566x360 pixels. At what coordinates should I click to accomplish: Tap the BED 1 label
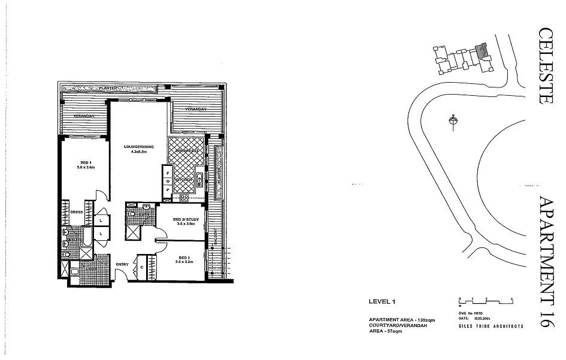86,163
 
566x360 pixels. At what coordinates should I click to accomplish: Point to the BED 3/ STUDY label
184,220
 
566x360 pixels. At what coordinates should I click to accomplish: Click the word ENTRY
123,264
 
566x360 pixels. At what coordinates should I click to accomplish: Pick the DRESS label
76,211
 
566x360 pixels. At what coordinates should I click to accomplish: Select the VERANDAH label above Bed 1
82,115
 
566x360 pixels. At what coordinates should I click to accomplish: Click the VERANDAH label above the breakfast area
195,110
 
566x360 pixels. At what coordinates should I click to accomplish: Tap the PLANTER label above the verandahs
108,89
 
